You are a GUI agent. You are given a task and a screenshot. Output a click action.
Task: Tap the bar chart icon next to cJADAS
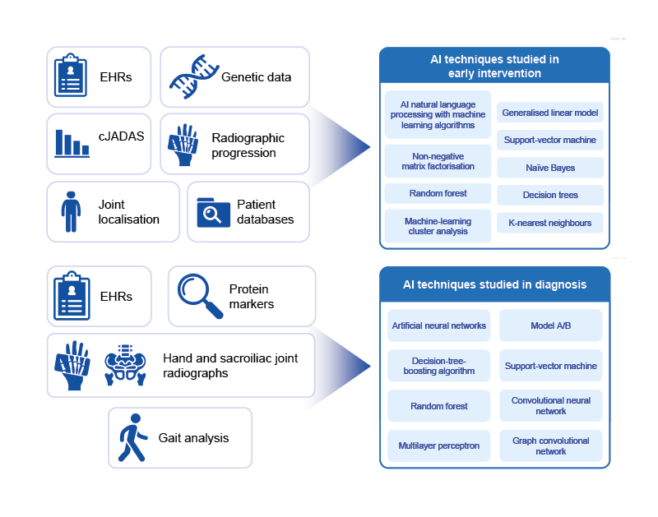(72, 142)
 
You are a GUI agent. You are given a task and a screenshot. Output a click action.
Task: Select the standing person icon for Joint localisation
(72, 211)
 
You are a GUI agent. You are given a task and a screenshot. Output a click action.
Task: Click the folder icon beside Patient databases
(213, 212)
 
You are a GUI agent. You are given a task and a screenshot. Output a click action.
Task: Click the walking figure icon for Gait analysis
(132, 438)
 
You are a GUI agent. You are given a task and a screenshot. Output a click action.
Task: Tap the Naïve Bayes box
(550, 168)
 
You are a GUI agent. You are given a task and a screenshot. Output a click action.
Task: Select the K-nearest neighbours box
(550, 223)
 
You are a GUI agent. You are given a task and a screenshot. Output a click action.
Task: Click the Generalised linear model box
(550, 113)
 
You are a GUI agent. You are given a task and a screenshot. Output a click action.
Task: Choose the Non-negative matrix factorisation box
(438, 160)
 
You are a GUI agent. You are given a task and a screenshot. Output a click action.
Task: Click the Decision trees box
(550, 196)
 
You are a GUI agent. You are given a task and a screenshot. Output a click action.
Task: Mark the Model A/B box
(550, 325)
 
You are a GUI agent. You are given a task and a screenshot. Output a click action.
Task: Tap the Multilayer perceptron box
(438, 446)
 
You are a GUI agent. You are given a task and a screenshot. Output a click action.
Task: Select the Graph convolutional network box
(550, 446)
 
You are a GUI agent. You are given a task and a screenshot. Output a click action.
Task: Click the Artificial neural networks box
(438, 325)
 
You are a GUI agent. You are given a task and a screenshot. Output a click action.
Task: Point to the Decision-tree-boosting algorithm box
(438, 366)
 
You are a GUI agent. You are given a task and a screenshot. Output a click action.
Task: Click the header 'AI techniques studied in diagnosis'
(494, 285)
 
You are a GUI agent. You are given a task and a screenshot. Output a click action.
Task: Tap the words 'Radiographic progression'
(244, 145)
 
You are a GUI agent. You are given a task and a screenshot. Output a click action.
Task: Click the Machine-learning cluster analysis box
(438, 226)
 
